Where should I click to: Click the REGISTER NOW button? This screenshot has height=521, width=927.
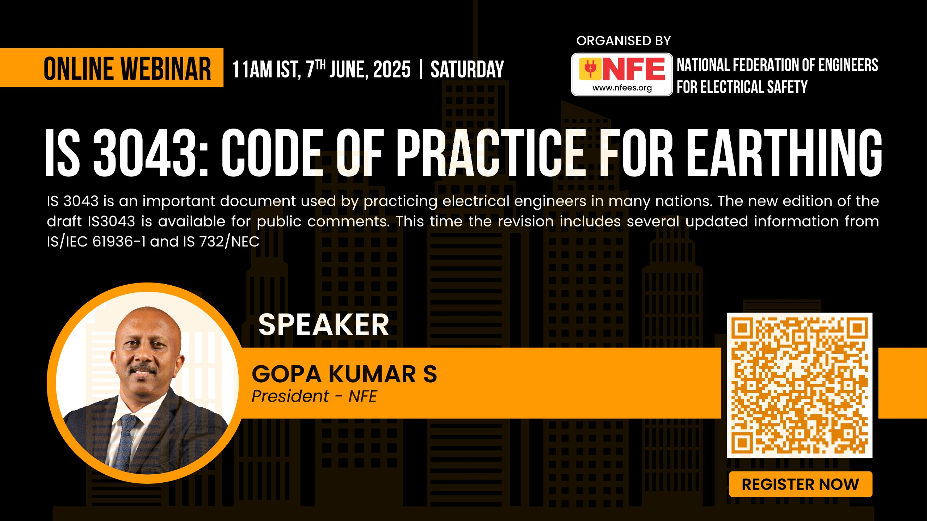pyautogui.click(x=800, y=484)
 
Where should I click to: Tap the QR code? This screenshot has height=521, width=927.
pyautogui.click(x=799, y=385)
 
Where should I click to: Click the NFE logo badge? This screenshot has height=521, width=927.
pyautogui.click(x=622, y=74)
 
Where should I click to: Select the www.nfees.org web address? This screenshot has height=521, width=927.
pyautogui.click(x=622, y=88)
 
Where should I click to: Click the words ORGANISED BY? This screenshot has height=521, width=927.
pyautogui.click(x=624, y=41)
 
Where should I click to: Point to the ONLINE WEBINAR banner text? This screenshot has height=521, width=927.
pyautogui.click(x=127, y=68)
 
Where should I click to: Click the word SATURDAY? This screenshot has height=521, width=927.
pyautogui.click(x=467, y=70)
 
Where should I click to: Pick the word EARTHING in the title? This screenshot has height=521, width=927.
pyautogui.click(x=784, y=153)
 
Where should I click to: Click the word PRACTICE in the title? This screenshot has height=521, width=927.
pyautogui.click(x=490, y=153)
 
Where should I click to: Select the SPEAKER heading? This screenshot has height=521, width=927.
pyautogui.click(x=324, y=324)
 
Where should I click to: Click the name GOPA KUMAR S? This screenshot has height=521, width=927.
pyautogui.click(x=344, y=374)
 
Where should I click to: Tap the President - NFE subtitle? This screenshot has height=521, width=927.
pyautogui.click(x=314, y=396)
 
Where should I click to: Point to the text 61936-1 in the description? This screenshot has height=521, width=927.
pyautogui.click(x=119, y=241)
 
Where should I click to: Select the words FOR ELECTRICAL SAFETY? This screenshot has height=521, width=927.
pyautogui.click(x=742, y=87)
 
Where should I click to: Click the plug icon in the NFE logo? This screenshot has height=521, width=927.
pyautogui.click(x=590, y=68)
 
